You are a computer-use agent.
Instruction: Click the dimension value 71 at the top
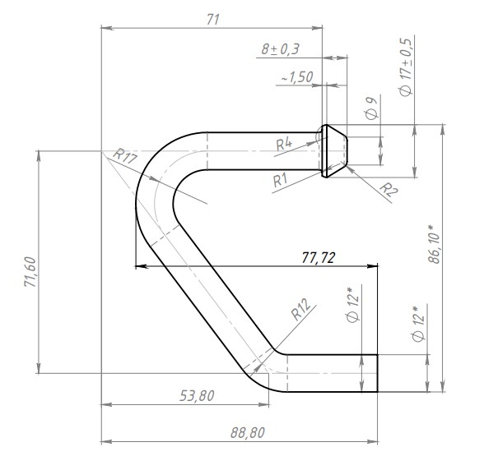point(213,20)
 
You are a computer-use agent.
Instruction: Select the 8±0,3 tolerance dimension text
point(280,49)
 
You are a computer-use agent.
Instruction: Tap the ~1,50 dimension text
point(297,77)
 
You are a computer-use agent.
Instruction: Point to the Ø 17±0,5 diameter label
point(406,67)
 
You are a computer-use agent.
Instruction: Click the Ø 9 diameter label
point(371,108)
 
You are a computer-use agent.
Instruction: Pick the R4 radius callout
point(284,145)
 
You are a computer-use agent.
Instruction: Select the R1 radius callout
point(280,180)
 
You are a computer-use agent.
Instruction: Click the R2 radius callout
point(388,189)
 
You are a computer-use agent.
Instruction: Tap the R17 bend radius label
point(125,156)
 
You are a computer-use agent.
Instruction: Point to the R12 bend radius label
point(300,310)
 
